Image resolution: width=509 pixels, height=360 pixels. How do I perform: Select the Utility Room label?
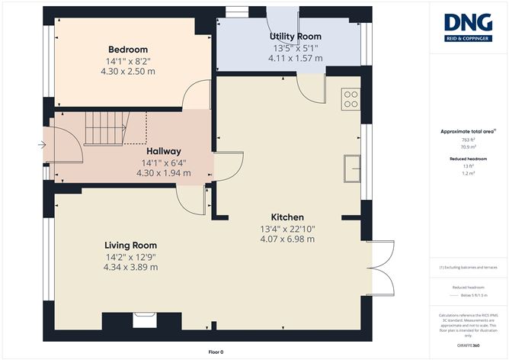click(295, 36)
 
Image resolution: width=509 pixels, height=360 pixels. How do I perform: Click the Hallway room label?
click(163, 150)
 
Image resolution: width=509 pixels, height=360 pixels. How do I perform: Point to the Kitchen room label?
click(287, 217)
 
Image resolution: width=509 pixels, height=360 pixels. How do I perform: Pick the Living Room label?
click(130, 245)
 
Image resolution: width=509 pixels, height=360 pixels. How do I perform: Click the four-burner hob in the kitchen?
click(351, 99)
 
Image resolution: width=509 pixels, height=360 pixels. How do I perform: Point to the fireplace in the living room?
click(142, 320)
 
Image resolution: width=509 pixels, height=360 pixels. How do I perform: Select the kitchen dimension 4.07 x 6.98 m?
click(287, 239)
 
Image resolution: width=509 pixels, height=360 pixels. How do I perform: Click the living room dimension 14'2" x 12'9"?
click(132, 256)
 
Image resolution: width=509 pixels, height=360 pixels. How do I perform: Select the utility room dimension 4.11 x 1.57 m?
click(295, 57)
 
